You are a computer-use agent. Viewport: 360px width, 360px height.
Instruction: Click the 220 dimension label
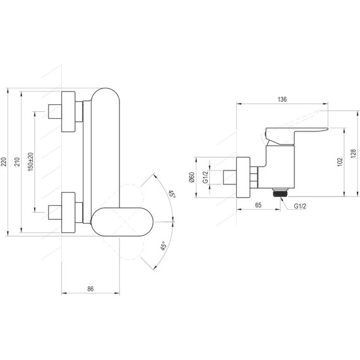coord(3,162)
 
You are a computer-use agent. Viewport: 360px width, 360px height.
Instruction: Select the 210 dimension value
coord(17,162)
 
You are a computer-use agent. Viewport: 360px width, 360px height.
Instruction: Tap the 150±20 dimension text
coord(31,162)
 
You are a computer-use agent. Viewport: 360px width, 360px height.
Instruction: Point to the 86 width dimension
coord(90,289)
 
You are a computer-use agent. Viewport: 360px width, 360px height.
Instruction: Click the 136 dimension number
coord(282,99)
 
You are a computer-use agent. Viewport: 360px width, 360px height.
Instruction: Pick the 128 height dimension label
coord(354,153)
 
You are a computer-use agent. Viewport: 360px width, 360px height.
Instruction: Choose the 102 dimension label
coord(340,162)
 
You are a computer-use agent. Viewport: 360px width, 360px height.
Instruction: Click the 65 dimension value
coord(258,205)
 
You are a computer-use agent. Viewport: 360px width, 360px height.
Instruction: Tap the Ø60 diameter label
coord(192,177)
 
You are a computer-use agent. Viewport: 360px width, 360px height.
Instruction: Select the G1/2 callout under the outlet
coord(300,206)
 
